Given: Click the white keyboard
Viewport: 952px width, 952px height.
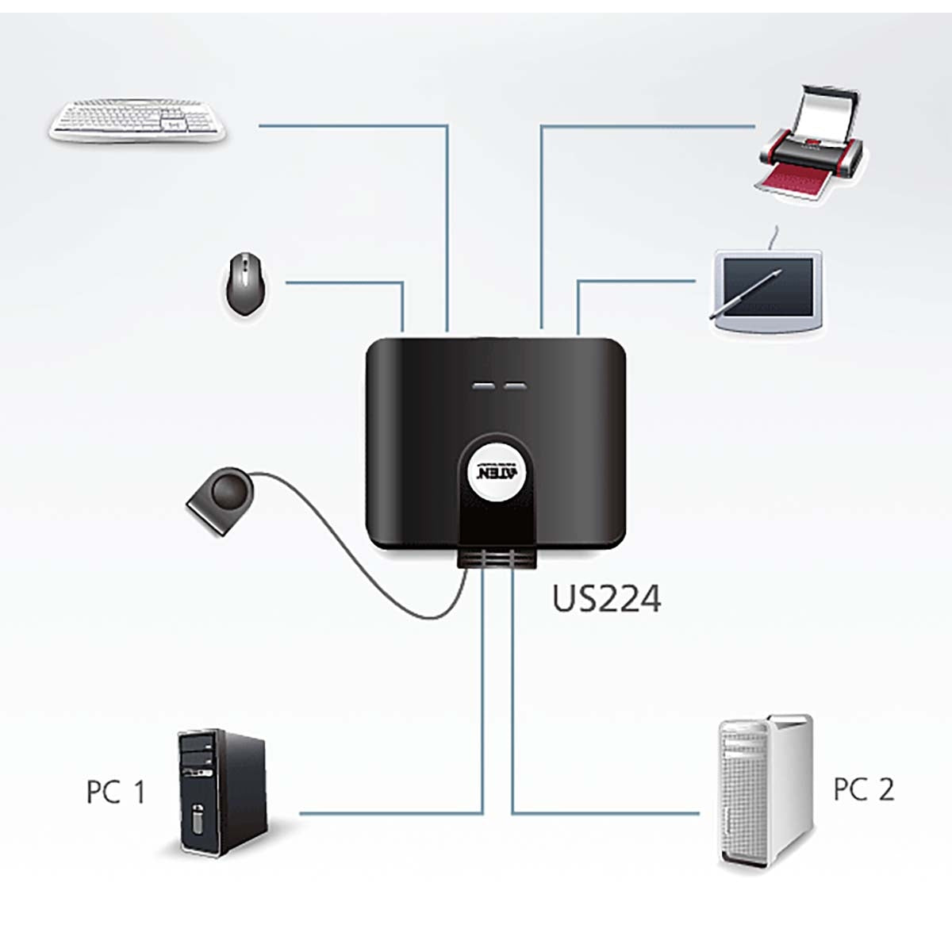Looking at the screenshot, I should point(138,121).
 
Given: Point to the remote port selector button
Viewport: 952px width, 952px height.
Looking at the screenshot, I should point(221,499).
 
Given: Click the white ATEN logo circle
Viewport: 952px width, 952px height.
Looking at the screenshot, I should point(496,469).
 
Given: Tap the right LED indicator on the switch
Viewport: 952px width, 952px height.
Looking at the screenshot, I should point(515,387).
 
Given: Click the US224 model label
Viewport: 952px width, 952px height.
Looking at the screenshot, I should point(606,599).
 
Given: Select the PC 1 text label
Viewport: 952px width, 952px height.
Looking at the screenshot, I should point(116,792).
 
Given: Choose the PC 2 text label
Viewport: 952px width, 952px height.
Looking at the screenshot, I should point(863,789).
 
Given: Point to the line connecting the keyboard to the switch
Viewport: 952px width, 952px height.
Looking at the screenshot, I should point(357,125).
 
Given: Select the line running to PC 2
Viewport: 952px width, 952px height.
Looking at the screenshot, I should point(603,813).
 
